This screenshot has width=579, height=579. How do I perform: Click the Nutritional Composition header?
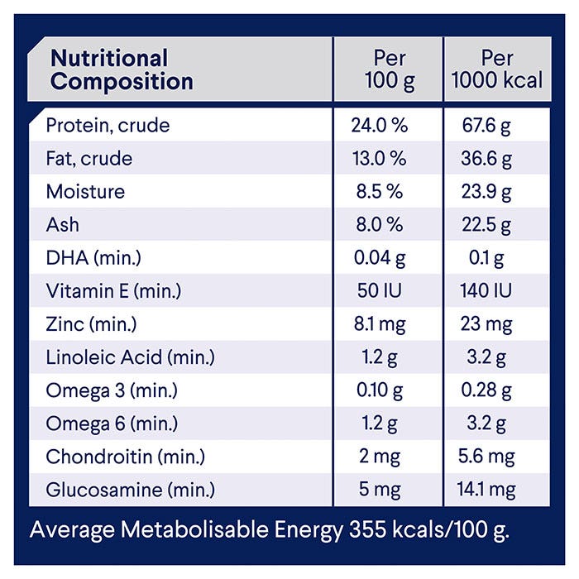[x=122, y=69]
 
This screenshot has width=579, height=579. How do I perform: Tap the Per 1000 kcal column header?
[x=497, y=69]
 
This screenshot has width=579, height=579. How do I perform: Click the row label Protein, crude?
[x=108, y=126]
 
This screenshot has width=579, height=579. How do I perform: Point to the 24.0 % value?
[x=380, y=126]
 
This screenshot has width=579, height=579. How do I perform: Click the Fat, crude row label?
[x=89, y=159]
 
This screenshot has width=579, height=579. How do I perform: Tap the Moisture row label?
[x=85, y=192]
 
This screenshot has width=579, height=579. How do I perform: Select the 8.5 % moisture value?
[x=380, y=192]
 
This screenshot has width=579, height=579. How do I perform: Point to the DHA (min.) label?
[x=93, y=258]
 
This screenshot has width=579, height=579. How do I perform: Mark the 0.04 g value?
[x=380, y=258]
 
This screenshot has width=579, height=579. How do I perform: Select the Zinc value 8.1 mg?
[x=380, y=324]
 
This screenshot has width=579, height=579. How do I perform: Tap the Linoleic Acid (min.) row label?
[x=130, y=357]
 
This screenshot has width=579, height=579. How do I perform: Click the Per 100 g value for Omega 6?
[x=380, y=423]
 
